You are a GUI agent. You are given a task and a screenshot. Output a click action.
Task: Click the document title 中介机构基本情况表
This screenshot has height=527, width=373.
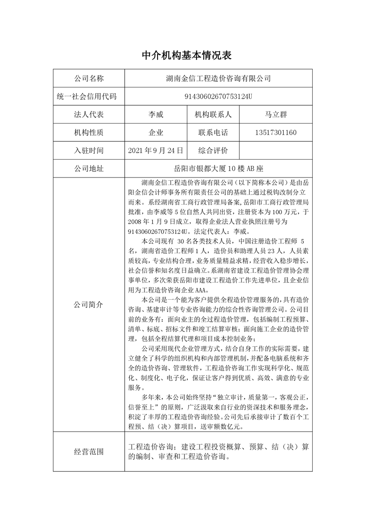(x=186, y=55)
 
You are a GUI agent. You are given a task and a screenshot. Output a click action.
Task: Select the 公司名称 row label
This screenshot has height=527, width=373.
(x=89, y=78)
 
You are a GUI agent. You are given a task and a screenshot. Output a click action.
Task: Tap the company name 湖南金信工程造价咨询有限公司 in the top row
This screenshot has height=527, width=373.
(x=219, y=78)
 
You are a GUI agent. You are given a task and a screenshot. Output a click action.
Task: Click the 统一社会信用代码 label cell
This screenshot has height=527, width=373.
(x=89, y=96)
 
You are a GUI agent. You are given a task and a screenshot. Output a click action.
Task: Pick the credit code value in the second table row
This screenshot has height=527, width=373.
(x=219, y=96)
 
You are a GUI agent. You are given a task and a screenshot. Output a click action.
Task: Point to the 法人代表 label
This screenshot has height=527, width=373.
(x=89, y=115)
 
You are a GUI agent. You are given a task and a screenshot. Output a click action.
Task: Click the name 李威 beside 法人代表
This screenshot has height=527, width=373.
(x=156, y=115)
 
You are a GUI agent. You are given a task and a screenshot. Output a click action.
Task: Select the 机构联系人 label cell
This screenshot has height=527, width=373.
(x=213, y=115)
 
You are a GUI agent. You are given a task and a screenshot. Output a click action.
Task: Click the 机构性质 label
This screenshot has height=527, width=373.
(x=89, y=132)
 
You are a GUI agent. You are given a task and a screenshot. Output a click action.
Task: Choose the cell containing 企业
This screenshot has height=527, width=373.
(x=156, y=132)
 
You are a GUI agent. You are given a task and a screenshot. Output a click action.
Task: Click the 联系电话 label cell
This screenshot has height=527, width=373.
(x=213, y=132)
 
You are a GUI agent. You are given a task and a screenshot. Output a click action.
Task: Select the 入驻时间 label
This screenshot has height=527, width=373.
(x=89, y=150)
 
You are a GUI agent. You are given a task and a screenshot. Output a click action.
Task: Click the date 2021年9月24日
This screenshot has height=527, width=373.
(x=156, y=150)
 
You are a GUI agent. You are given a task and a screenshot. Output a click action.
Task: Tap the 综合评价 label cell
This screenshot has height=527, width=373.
(x=213, y=150)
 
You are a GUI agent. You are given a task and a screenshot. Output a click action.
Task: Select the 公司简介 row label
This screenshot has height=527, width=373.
(x=89, y=304)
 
